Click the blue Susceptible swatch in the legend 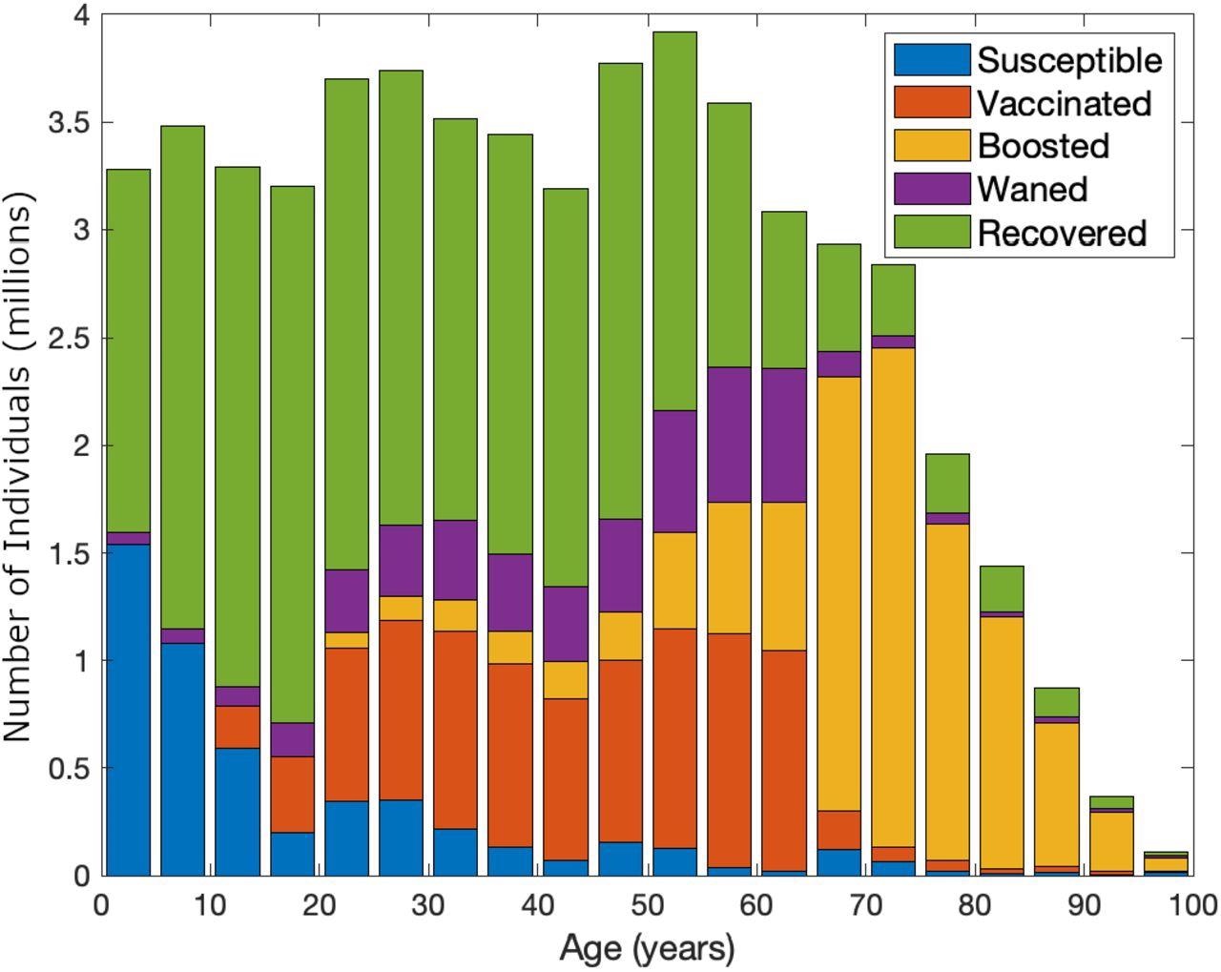tap(931, 60)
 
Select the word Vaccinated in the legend tap(1064, 103)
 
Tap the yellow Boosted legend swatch tap(931, 146)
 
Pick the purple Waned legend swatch tap(931, 189)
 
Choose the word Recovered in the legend tap(1061, 233)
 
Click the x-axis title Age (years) tap(647, 948)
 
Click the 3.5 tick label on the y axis tap(68, 123)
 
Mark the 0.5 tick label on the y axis tap(68, 768)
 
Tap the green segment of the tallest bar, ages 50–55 tap(674, 219)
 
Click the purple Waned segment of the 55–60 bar tap(729, 434)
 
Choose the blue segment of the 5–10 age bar tap(182, 758)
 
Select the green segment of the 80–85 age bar tap(1002, 589)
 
